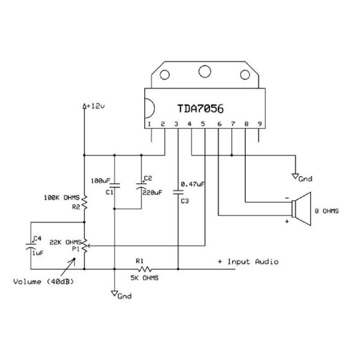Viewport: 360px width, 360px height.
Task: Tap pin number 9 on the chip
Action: point(259,124)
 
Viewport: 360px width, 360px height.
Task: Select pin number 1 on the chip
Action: point(149,124)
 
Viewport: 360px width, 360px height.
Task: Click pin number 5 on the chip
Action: point(203,124)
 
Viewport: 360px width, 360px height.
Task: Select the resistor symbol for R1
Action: point(144,269)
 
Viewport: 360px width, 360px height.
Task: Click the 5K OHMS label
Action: point(144,278)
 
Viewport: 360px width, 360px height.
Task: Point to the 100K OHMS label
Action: point(62,197)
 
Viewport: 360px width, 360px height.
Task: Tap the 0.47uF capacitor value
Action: point(193,184)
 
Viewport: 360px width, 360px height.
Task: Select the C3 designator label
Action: point(185,201)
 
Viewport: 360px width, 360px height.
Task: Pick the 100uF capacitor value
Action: point(99,180)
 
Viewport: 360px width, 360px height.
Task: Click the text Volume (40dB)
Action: point(43,283)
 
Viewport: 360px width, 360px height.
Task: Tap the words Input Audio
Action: point(253,261)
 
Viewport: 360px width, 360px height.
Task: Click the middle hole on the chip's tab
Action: point(205,71)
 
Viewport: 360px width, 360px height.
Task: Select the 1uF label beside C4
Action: point(38,253)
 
